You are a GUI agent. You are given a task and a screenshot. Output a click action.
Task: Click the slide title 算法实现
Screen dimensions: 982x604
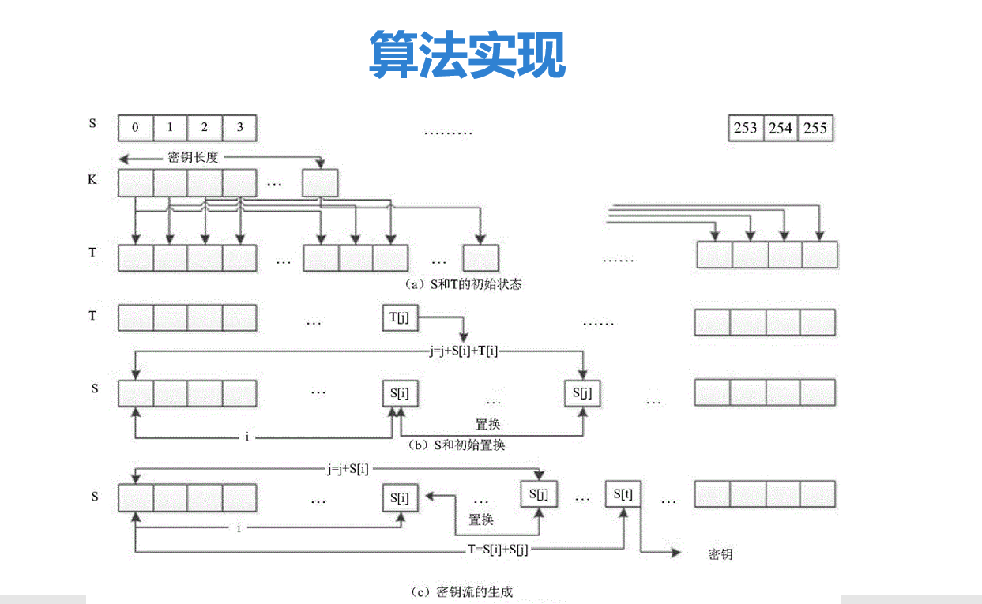[x=468, y=54]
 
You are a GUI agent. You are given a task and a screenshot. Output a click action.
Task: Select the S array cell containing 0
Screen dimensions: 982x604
[x=135, y=128]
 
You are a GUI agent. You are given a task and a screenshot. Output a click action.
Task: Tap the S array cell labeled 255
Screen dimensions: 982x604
[x=815, y=128]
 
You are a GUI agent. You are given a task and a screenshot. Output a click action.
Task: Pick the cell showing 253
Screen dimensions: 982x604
[x=746, y=128]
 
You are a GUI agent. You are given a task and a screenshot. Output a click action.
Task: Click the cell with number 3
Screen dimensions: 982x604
[x=239, y=128]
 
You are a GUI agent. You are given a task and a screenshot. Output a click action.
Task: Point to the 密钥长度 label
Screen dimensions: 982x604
[x=193, y=157]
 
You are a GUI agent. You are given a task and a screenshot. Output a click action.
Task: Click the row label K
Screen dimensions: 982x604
[x=92, y=179]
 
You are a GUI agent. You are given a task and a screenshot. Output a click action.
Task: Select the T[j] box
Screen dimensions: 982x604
[x=400, y=317]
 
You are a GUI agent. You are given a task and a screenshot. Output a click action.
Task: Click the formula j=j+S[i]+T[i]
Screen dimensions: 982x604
[x=464, y=351]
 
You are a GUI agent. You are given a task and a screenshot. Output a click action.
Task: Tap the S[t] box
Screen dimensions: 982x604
[x=623, y=494]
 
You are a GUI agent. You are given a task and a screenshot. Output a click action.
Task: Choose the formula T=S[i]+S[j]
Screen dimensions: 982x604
[x=498, y=550]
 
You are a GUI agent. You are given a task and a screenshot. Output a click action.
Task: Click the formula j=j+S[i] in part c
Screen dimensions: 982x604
[x=348, y=469]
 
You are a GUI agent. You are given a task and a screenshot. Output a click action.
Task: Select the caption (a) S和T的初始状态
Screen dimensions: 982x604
[x=463, y=284]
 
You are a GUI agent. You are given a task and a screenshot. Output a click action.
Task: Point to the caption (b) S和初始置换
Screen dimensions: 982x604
[x=457, y=445]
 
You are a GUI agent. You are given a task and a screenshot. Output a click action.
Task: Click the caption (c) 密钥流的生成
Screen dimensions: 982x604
[x=462, y=591]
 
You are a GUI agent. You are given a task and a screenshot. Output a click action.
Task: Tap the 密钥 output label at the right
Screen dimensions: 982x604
[x=721, y=554]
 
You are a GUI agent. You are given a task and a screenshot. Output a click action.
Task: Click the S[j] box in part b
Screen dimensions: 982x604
[x=582, y=393]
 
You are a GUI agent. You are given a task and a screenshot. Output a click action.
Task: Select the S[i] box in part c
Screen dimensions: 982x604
[x=400, y=498]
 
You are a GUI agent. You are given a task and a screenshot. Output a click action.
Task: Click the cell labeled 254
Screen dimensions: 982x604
[x=781, y=128]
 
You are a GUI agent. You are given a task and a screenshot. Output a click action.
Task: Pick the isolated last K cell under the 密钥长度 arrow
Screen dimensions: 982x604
[x=320, y=182]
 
